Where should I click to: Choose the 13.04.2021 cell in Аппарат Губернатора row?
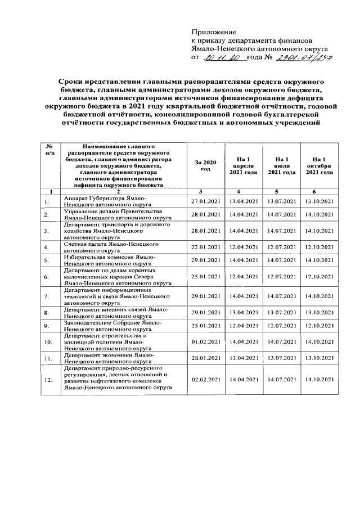pyautogui.click(x=243, y=201)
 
